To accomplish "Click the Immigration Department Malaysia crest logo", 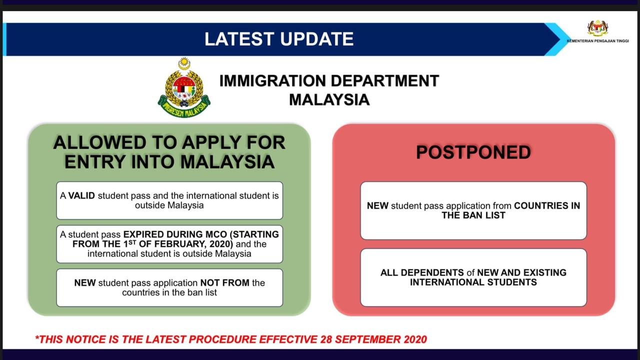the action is click(x=184, y=87).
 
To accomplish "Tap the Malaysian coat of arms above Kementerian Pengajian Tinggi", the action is click(x=597, y=28).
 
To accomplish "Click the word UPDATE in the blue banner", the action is click(x=316, y=39).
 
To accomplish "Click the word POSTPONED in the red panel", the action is click(x=473, y=152).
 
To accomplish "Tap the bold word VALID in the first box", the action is click(x=81, y=195).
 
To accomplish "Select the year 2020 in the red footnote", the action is click(x=415, y=339).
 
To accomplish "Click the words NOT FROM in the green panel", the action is click(x=225, y=283).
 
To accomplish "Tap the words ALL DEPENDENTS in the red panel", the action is click(x=422, y=272).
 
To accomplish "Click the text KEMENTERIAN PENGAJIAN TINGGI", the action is click(x=597, y=41).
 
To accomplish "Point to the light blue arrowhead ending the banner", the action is click(x=557, y=39).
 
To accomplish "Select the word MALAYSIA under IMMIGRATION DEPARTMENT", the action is click(x=329, y=99).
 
